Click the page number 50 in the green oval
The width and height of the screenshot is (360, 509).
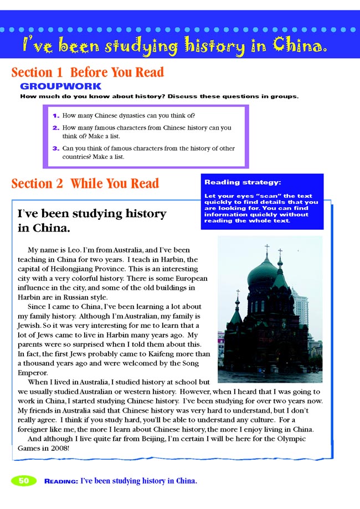point(24,481)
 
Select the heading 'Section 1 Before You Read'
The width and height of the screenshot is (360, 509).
point(88,73)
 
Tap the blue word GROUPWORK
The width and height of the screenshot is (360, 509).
point(60,86)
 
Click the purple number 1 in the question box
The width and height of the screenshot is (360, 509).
point(55,116)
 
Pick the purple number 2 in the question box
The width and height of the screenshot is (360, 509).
point(55,128)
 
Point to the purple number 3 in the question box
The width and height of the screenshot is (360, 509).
point(55,148)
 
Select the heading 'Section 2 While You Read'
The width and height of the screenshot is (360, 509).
point(85,183)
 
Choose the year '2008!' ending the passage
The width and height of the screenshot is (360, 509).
point(58,448)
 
